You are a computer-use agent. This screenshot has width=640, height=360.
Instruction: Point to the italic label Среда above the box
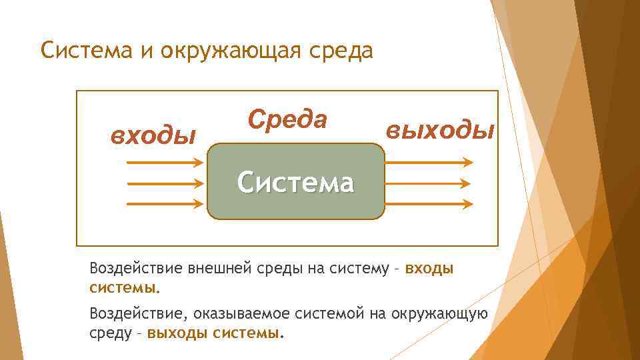pyautogui.click(x=287, y=119)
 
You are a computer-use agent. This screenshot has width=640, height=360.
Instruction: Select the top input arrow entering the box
pyautogui.click(x=164, y=162)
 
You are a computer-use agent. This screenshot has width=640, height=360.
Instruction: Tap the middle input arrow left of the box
pyautogui.click(x=164, y=183)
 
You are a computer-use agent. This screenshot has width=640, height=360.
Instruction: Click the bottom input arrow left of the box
pyautogui.click(x=164, y=203)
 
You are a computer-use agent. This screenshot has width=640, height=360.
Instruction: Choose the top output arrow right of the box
pyautogui.click(x=429, y=162)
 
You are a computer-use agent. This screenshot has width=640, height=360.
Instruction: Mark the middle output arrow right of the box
pyautogui.click(x=429, y=183)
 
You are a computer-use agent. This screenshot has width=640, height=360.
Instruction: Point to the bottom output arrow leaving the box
pyautogui.click(x=429, y=203)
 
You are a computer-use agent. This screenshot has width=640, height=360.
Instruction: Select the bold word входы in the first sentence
pyautogui.click(x=429, y=269)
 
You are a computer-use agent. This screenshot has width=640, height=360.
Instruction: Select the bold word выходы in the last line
pyautogui.click(x=178, y=333)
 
